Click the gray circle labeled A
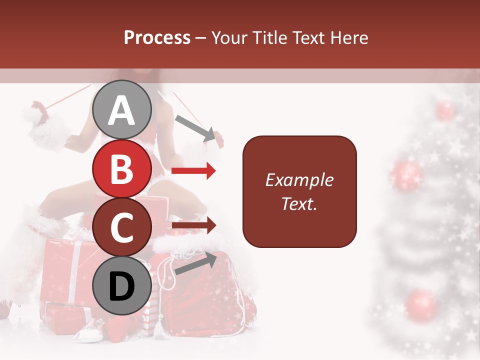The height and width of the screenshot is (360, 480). (122, 109)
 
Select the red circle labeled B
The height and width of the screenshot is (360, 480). (122, 168)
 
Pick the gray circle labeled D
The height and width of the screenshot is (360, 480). (122, 286)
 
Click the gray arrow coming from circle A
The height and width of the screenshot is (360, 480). (194, 127)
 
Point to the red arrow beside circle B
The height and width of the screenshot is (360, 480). (193, 171)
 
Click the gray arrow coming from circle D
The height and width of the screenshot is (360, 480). (195, 263)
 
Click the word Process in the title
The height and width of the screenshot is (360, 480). (157, 38)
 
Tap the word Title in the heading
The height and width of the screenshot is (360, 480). (270, 38)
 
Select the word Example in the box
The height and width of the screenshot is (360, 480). (299, 180)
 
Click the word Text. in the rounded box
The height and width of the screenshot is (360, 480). (299, 203)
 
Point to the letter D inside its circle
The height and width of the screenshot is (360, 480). (122, 286)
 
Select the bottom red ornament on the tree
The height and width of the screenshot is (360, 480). (421, 304)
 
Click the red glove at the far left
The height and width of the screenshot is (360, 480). (39, 111)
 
